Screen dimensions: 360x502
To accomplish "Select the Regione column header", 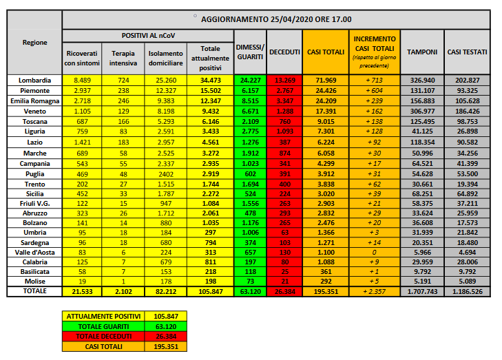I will [x=34, y=43].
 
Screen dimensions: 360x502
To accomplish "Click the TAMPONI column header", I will [x=421, y=52].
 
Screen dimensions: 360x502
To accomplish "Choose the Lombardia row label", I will [x=34, y=81].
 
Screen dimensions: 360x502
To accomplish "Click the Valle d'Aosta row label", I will [x=34, y=253].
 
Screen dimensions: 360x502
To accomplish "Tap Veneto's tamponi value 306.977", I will [x=421, y=109].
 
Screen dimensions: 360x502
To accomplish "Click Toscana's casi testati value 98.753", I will [x=467, y=119].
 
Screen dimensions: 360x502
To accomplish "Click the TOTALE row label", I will [x=34, y=292].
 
